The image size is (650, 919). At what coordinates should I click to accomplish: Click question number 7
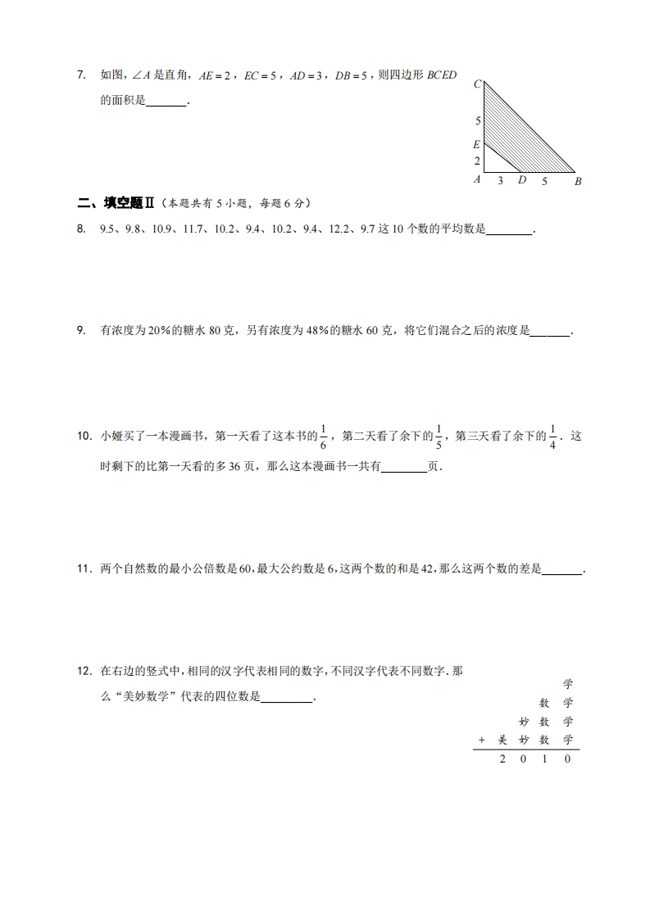click(80, 75)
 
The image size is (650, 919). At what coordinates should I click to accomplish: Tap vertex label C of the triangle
click(477, 84)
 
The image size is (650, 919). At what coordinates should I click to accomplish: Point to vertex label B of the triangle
click(578, 181)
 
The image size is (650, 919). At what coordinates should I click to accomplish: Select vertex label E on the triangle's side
click(476, 144)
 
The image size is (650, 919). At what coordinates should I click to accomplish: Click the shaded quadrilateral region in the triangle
click(516, 139)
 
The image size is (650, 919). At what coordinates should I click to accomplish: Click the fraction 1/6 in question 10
click(324, 437)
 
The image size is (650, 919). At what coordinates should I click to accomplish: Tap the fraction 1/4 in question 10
click(553, 437)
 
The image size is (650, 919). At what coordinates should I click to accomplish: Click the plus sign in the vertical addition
click(482, 740)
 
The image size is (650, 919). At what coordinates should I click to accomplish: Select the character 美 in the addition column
click(503, 740)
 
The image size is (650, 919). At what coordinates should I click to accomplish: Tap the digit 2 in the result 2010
click(503, 759)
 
